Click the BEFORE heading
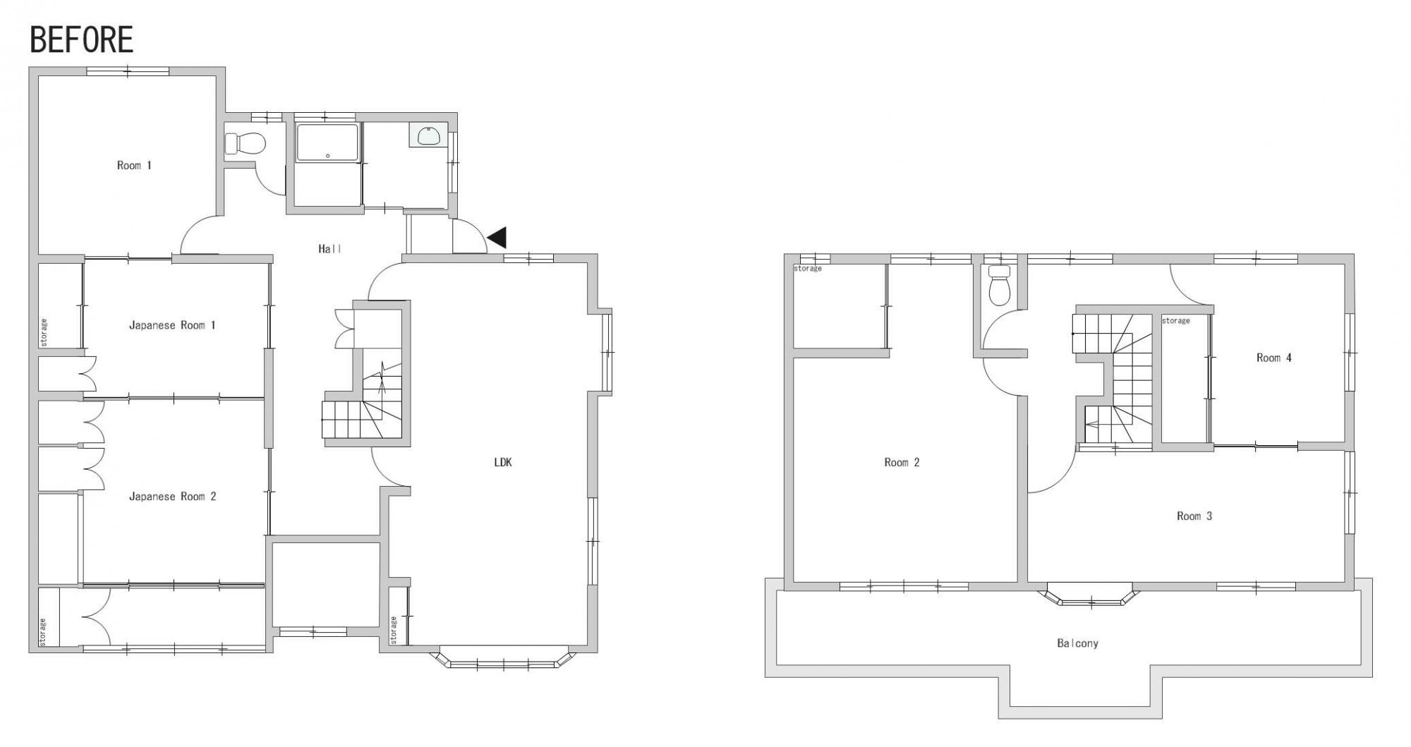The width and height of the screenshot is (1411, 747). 82,40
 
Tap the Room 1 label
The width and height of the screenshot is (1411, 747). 134,165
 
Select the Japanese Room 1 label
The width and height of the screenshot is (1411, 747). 172,325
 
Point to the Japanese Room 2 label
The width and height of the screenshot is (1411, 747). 172,497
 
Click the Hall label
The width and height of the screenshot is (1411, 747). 330,248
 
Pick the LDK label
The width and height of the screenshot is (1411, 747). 503,463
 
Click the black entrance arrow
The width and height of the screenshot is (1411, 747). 497,238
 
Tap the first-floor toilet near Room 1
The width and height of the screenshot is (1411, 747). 245,144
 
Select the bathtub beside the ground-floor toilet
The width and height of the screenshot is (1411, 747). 327,142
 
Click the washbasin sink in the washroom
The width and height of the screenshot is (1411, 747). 428,135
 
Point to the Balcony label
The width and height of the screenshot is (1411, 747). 1077,643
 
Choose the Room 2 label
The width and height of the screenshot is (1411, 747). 902,463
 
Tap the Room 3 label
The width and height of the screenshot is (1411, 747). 1194,516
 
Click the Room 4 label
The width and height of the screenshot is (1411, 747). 1274,358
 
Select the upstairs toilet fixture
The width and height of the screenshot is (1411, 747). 999,285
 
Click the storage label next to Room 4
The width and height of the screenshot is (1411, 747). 1175,321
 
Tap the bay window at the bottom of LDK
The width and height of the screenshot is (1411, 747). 504,657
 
